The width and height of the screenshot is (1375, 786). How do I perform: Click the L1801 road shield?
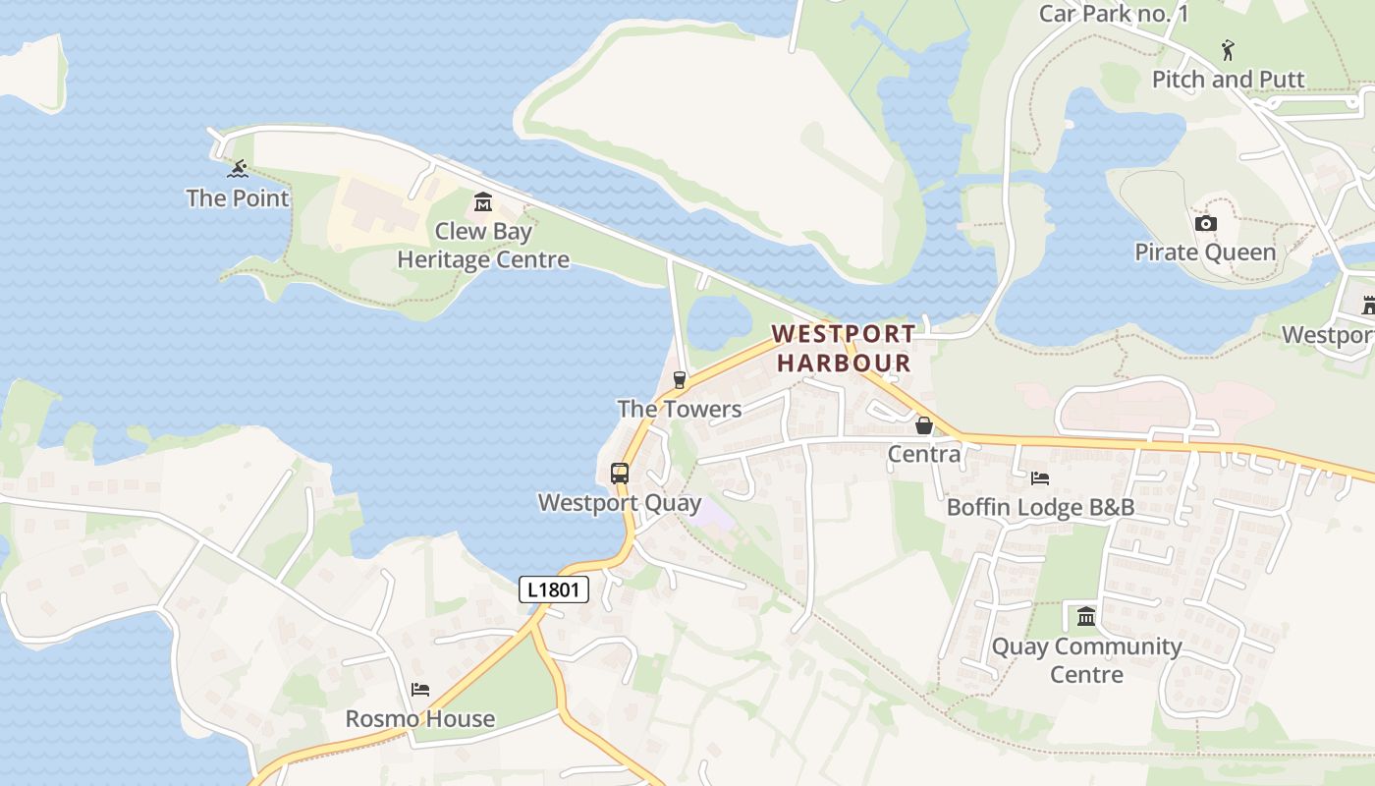(554, 589)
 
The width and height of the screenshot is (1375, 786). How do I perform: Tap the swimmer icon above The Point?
(238, 169)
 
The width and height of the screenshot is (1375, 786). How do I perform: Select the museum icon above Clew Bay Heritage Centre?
(482, 202)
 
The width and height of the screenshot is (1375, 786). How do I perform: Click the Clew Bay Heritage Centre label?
(483, 246)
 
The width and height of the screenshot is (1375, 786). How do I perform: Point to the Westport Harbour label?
(844, 348)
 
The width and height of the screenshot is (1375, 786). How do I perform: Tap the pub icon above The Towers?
(679, 380)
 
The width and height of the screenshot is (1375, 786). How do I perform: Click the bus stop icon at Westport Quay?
(619, 473)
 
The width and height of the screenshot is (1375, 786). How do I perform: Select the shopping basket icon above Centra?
(923, 425)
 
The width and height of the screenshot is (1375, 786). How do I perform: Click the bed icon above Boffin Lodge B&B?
(1040, 478)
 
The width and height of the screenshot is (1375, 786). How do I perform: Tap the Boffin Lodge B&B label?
(1040, 507)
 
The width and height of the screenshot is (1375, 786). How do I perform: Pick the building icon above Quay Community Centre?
(1086, 617)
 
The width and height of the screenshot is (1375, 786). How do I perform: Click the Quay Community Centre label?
(1086, 660)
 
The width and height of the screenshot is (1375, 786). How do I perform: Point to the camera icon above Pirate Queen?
(1205, 223)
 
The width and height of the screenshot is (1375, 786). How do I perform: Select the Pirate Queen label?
(1205, 253)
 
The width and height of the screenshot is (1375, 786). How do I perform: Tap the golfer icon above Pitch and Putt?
(1228, 50)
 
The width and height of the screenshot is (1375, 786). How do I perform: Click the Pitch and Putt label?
(1228, 80)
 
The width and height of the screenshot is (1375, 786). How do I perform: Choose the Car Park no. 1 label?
(1114, 13)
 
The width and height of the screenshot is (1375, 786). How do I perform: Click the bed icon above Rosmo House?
(420, 690)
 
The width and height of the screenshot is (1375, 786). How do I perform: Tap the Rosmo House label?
(420, 719)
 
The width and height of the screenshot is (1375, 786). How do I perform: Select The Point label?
(238, 198)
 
